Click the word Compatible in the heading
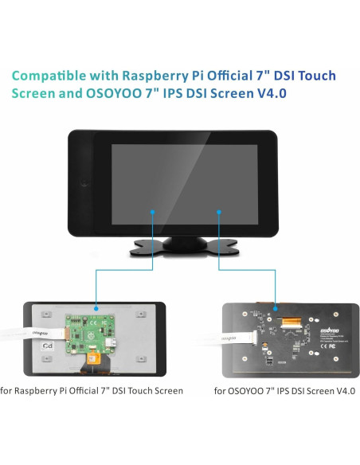(50, 76)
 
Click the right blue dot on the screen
(218, 211)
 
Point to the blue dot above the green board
(96, 307)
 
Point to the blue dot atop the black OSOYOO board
(275, 307)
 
